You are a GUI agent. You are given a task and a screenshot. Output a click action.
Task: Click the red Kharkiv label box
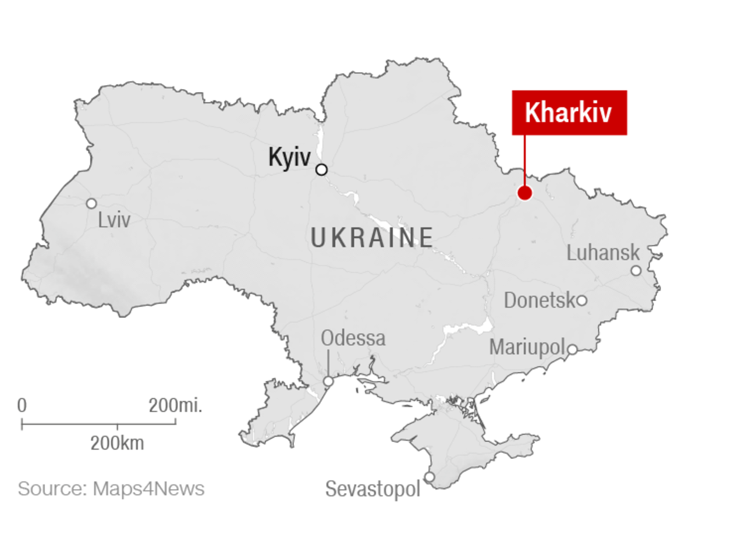click(569, 112)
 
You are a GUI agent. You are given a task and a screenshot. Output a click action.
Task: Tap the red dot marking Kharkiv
click(524, 193)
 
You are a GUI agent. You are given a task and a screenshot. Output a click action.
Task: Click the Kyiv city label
click(289, 157)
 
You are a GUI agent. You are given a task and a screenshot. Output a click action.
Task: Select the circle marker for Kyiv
click(321, 169)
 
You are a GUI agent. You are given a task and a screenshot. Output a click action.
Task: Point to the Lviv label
click(114, 220)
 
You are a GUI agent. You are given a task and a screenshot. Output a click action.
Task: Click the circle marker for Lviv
click(91, 203)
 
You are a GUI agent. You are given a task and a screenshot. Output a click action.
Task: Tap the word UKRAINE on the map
click(372, 238)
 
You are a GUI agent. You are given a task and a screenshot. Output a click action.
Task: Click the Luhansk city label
click(603, 253)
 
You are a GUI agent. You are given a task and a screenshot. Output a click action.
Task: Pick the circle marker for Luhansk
click(636, 270)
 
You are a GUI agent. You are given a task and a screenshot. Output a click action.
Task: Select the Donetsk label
click(539, 300)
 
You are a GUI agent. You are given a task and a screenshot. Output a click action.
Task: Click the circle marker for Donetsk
click(581, 300)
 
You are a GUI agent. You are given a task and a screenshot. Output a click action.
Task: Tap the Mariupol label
click(527, 347)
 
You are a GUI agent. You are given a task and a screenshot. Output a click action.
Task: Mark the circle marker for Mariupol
click(572, 349)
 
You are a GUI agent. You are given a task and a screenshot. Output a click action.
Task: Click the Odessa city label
click(353, 338)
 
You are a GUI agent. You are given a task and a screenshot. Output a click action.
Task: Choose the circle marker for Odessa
click(328, 381)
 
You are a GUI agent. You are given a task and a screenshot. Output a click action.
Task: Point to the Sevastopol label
click(372, 489)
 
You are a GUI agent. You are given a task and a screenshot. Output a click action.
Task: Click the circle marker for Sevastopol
click(429, 477)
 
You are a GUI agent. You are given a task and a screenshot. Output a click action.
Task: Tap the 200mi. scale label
click(175, 405)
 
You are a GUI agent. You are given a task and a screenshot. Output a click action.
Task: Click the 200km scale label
click(117, 443)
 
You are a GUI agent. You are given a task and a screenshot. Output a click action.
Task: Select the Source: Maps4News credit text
click(111, 489)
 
